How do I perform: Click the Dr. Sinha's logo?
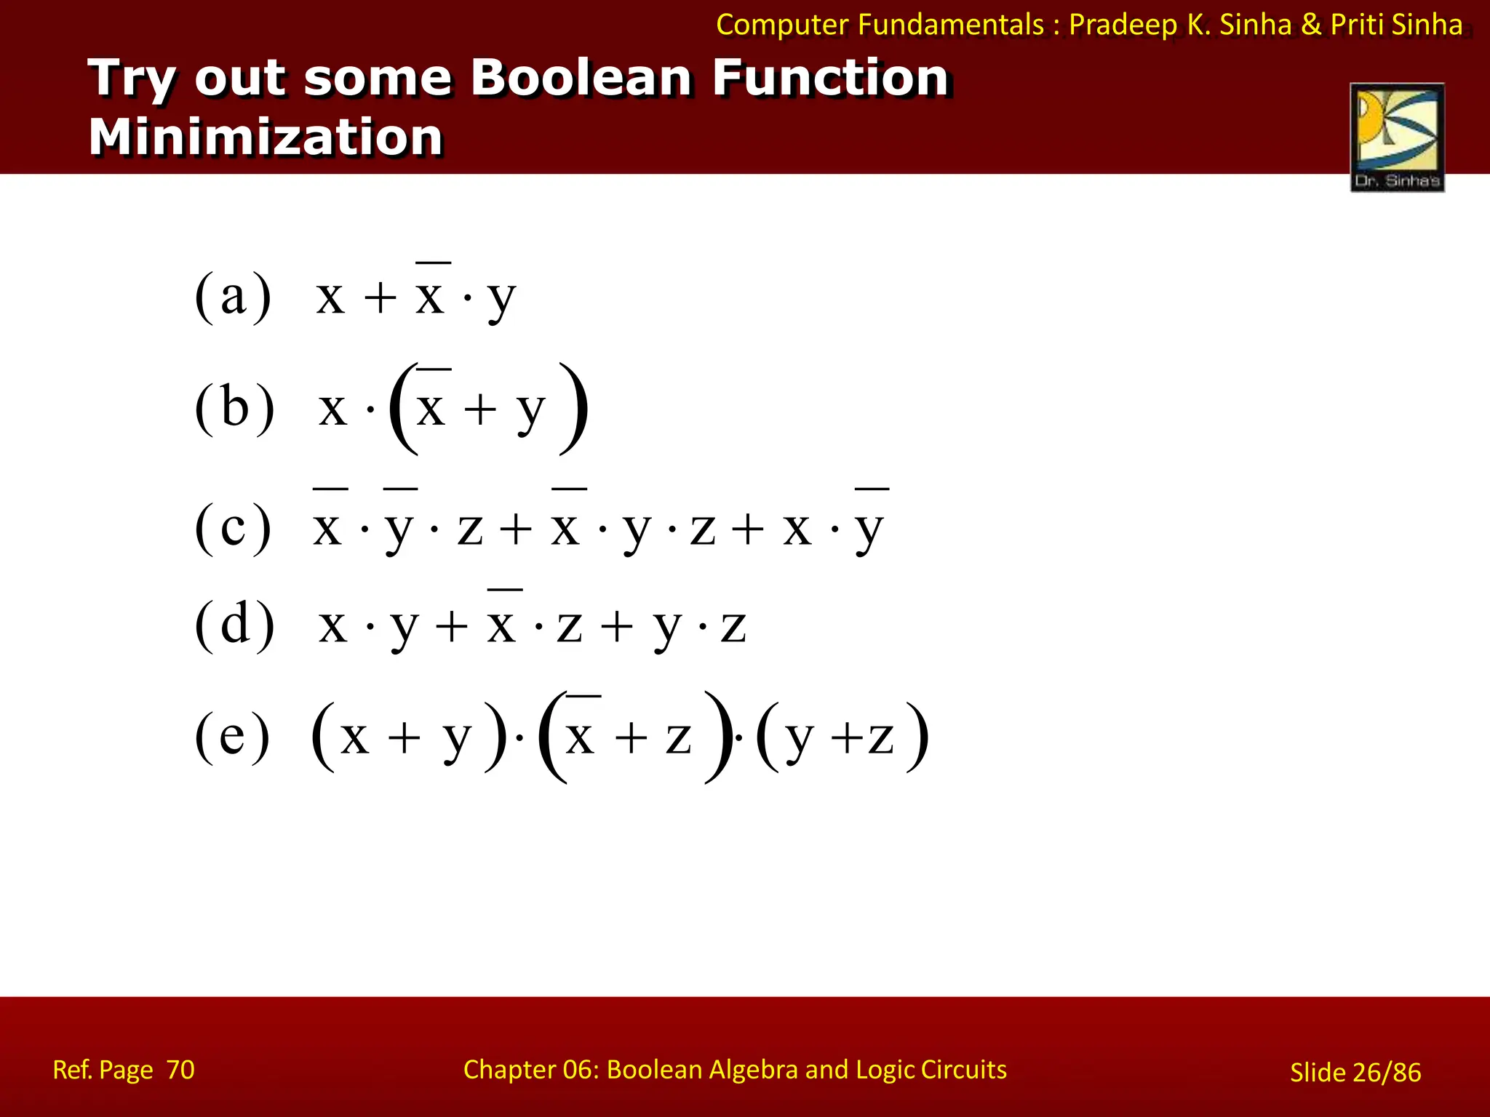(1397, 137)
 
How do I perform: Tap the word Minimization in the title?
(266, 137)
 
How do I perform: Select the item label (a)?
(233, 296)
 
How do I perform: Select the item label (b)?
(234, 407)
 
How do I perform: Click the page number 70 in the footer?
(180, 1070)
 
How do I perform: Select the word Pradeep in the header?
(1123, 25)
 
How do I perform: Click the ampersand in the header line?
(1311, 25)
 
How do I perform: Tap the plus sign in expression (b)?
(480, 409)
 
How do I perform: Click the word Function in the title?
(830, 77)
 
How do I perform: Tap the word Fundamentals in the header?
(951, 25)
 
